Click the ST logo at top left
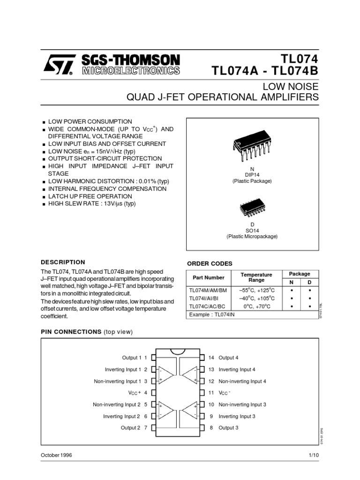pyautogui.click(x=57, y=66)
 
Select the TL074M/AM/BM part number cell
pyautogui.click(x=207, y=290)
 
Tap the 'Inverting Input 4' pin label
pyautogui.click(x=237, y=369)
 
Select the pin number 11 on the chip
pyautogui.click(x=211, y=393)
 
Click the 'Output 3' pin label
pyautogui.click(x=228, y=427)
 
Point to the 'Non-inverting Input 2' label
pyautogui.click(x=117, y=405)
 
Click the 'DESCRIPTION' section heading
pyautogui.click(x=63, y=262)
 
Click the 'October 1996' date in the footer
pyautogui.click(x=56, y=455)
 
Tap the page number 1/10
pyautogui.click(x=314, y=455)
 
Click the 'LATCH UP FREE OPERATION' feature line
pyautogui.click(x=90, y=196)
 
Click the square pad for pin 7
pyautogui.click(x=153, y=427)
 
